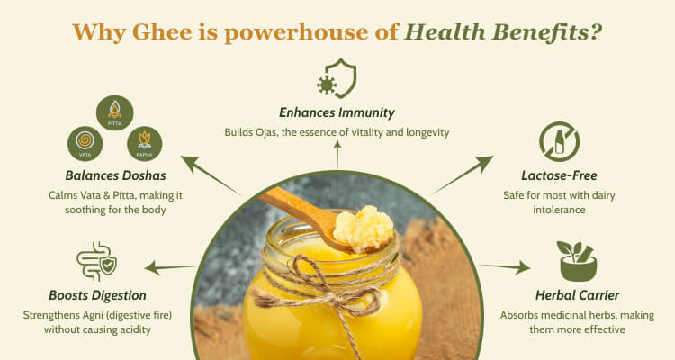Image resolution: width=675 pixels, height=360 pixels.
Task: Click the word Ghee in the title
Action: pyautogui.click(x=162, y=32)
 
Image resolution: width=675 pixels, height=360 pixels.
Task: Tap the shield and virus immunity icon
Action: pyautogui.click(x=337, y=78)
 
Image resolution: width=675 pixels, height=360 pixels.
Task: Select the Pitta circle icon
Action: pyautogui.click(x=114, y=112)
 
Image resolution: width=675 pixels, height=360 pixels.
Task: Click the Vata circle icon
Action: pyautogui.click(x=85, y=144)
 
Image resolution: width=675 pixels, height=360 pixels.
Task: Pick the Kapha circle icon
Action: pyautogui.click(x=145, y=144)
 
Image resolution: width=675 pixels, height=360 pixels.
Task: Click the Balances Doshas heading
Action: pyautogui.click(x=115, y=175)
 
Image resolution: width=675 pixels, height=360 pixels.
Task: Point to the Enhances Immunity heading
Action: pyautogui.click(x=337, y=112)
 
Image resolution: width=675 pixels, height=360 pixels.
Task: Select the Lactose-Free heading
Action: pyautogui.click(x=559, y=175)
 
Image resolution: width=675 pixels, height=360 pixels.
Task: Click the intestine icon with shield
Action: pyautogui.click(x=96, y=261)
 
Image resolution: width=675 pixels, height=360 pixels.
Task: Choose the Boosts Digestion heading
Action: pyautogui.click(x=97, y=295)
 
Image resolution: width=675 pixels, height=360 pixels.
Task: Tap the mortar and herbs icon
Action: pyautogui.click(x=577, y=261)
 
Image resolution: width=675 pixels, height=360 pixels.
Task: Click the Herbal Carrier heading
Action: pyautogui.click(x=577, y=295)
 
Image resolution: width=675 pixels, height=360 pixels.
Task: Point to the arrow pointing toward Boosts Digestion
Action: pyautogui.click(x=169, y=268)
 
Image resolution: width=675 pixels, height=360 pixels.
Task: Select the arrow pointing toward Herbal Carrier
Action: pyautogui.click(x=505, y=267)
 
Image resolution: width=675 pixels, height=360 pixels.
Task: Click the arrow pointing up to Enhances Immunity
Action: pyautogui.click(x=337, y=155)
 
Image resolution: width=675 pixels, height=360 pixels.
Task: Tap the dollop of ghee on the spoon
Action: pyautogui.click(x=364, y=228)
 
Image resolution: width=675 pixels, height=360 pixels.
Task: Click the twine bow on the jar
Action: pyautogui.click(x=318, y=288)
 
